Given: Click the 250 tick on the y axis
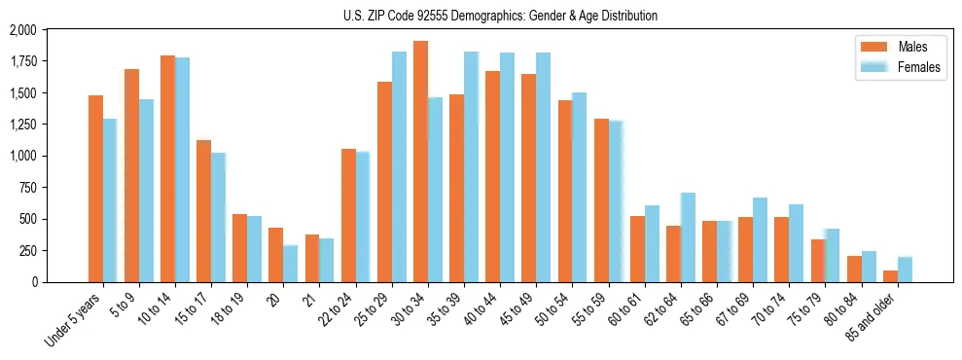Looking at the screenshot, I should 27,250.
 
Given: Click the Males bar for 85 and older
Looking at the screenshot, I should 890,276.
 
